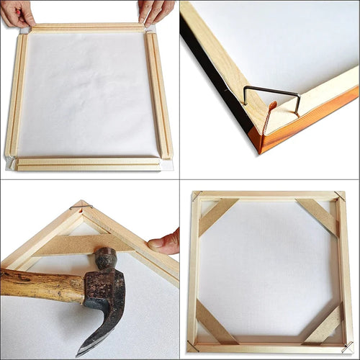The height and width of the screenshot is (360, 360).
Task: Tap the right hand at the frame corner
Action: pos(157,11)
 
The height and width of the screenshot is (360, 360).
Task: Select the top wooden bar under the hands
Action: pos(86,27)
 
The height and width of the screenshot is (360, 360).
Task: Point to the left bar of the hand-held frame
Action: pos(17,94)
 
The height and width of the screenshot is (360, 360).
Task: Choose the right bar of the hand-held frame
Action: pos(159,94)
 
